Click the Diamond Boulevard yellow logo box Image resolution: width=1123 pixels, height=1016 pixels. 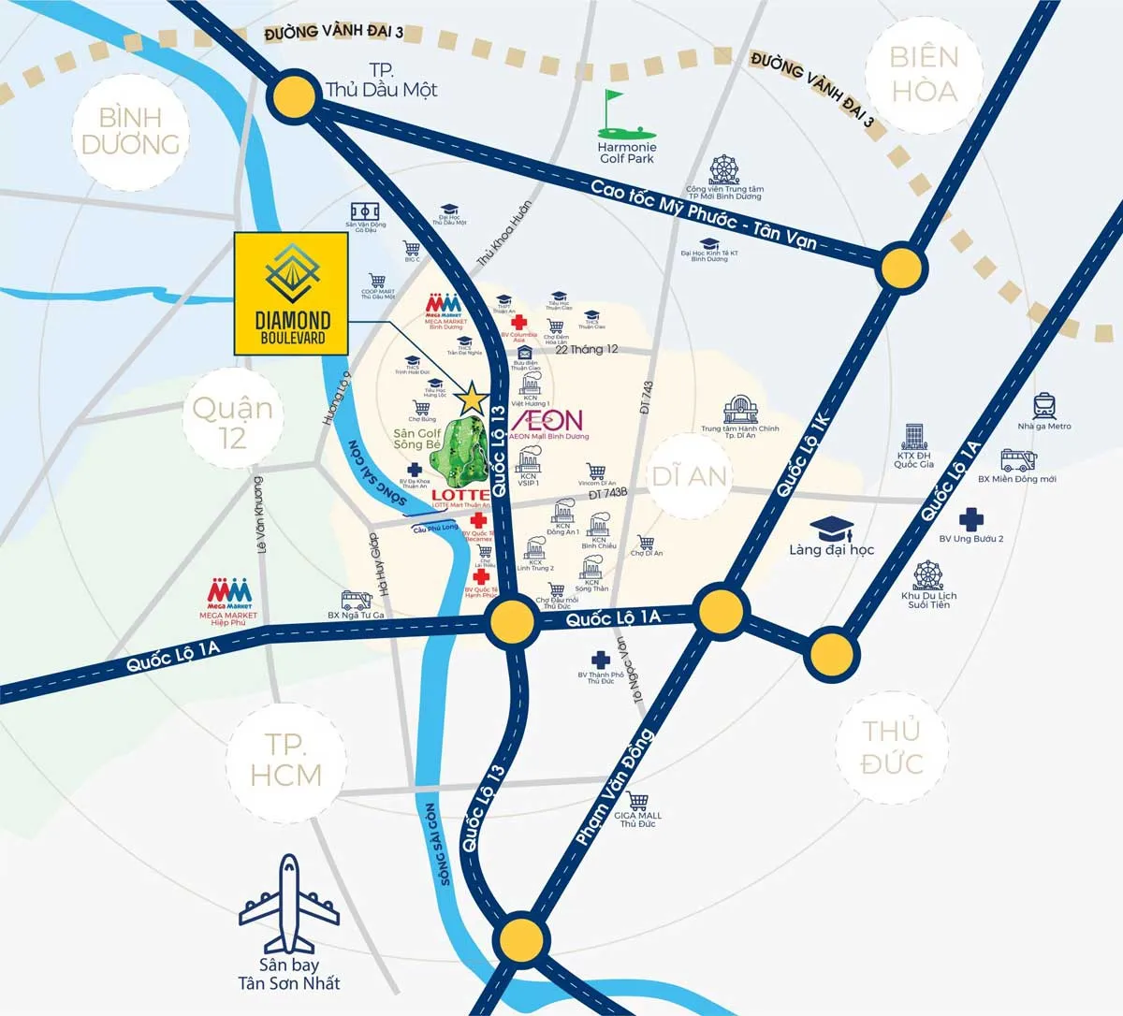(x=290, y=292)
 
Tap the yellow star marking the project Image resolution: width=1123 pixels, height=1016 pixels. (x=473, y=399)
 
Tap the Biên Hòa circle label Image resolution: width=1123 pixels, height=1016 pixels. (x=923, y=74)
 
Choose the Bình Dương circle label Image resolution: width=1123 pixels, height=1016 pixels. (x=130, y=131)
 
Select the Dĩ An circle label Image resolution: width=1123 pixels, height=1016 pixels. (x=690, y=475)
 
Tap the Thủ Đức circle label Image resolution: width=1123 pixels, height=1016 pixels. (x=891, y=747)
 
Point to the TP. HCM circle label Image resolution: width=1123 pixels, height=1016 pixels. (x=285, y=760)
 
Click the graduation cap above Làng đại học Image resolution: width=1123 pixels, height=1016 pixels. (x=831, y=527)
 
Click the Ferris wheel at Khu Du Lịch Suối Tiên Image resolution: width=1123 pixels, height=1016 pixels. (x=928, y=574)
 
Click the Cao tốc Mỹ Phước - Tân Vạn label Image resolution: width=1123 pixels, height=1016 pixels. (x=703, y=214)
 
